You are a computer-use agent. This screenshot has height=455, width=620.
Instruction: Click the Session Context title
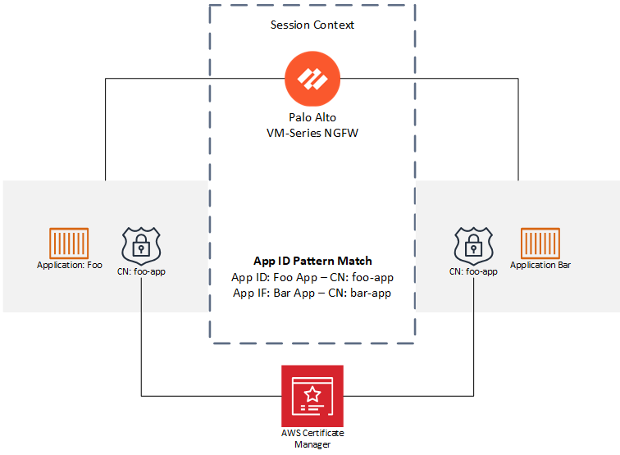(312, 25)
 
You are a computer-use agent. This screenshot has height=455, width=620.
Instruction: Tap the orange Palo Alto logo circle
(312, 80)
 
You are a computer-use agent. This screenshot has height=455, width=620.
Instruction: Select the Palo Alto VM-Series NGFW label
(312, 125)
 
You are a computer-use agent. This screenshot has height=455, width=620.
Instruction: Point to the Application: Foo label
(70, 265)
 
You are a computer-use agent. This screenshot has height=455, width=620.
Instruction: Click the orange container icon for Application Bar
(540, 243)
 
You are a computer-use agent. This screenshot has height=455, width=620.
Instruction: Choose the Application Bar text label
(540, 265)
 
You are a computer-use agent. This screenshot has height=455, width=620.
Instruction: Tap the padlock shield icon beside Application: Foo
(142, 243)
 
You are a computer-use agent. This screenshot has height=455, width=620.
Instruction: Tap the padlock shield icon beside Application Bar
(474, 243)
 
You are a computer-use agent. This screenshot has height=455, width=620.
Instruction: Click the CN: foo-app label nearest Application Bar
(473, 271)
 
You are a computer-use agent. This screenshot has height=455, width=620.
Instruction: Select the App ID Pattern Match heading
(312, 261)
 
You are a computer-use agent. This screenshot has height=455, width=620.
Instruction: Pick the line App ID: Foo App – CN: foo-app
(312, 277)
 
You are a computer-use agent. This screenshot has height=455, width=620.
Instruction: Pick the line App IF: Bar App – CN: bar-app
(312, 293)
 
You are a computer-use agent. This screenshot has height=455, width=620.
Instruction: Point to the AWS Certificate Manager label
(312, 439)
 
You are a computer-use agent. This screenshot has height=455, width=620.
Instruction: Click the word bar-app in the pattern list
(371, 293)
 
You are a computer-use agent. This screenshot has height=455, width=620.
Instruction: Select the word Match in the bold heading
(353, 261)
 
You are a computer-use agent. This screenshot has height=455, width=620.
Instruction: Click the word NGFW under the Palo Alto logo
(349, 133)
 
